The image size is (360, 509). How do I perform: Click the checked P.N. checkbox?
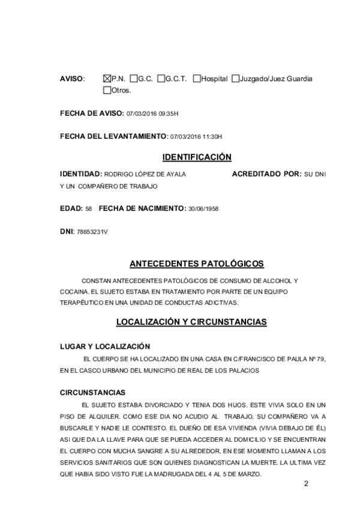107,79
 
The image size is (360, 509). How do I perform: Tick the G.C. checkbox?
133,79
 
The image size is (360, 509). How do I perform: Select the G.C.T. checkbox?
161,79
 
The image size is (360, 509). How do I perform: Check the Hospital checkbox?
197,79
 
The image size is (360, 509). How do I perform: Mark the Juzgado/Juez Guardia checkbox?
235,79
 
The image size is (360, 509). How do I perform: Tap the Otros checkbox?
107,91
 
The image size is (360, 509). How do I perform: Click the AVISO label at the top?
72,79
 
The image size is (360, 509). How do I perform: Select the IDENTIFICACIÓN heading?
197,157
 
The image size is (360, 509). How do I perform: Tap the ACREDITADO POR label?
266,174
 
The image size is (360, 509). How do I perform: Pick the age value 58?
88,208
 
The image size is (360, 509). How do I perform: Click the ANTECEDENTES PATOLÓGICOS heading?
197,264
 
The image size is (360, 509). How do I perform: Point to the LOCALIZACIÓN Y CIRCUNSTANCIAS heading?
191,322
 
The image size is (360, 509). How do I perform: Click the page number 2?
306,484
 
